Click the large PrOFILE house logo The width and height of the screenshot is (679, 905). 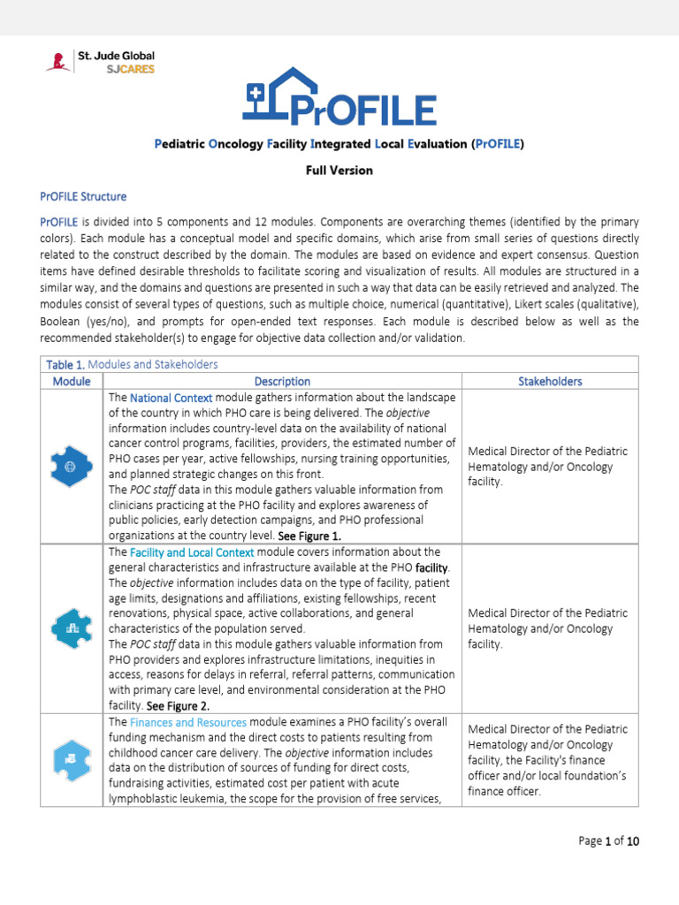pos(339,96)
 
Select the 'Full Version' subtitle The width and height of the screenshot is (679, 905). pos(339,170)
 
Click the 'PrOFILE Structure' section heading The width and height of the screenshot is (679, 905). pos(83,196)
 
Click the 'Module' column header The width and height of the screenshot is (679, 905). pos(72,381)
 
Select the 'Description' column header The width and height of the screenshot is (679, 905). pos(282,381)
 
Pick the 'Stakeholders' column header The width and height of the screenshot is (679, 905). pos(549,381)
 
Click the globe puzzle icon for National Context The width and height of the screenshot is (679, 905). pos(72,466)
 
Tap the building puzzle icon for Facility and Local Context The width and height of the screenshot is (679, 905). pos(72,628)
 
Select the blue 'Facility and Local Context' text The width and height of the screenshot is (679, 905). pos(192,551)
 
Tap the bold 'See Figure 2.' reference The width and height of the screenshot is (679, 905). pos(178,706)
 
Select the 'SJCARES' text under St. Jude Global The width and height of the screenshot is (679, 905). pos(130,70)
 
